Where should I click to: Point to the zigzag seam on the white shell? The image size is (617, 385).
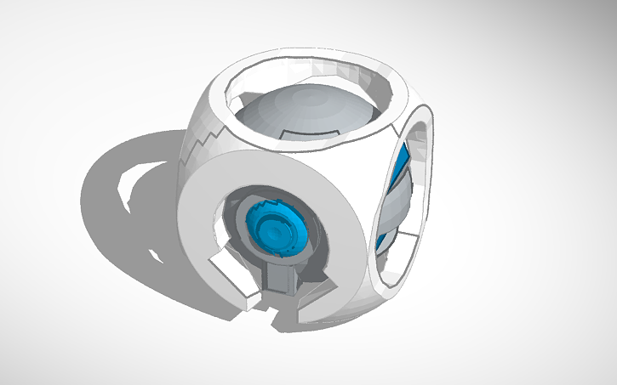coord(201,144)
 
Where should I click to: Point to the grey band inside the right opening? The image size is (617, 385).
coord(394,204)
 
